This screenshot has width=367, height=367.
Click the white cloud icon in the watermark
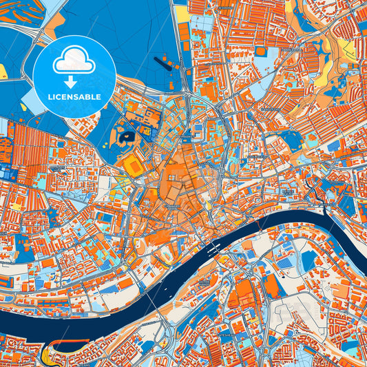(x=74, y=63)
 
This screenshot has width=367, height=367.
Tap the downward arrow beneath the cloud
(x=74, y=81)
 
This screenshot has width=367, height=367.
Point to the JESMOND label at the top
(x=224, y=8)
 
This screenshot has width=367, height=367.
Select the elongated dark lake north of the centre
(x=166, y=64)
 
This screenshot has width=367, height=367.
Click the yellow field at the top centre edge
(x=182, y=14)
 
